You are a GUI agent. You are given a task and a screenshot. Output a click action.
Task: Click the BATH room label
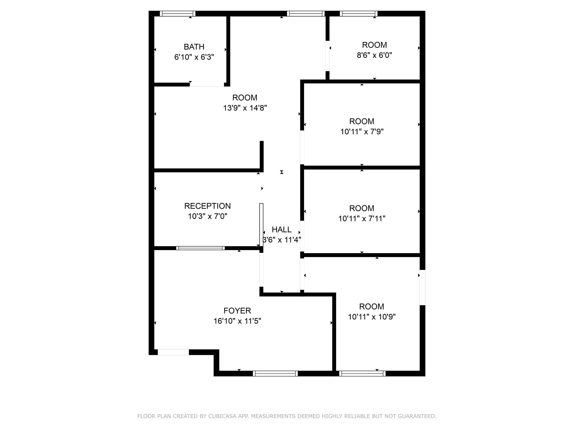click(194, 47)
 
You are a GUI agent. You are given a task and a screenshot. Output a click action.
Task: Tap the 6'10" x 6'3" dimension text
click(194, 57)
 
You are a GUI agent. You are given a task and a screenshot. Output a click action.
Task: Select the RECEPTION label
click(207, 206)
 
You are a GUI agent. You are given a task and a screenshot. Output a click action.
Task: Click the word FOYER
click(237, 311)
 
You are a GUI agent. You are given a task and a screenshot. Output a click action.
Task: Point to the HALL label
click(282, 230)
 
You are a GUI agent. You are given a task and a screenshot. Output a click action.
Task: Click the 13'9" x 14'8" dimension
click(245, 108)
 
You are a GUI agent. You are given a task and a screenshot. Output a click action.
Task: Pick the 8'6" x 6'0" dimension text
click(374, 55)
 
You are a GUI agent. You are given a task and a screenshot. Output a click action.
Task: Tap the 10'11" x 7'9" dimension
click(362, 132)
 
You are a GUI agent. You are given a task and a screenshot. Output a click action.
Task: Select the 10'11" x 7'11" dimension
click(362, 219)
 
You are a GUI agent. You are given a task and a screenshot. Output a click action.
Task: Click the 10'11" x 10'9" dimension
click(372, 317)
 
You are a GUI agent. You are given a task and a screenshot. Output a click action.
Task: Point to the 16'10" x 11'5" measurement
click(237, 321)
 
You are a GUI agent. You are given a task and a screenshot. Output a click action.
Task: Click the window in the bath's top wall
click(177, 13)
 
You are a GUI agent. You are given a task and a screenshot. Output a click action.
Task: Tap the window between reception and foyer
click(200, 248)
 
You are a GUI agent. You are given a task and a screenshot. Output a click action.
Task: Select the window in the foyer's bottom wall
click(275, 373)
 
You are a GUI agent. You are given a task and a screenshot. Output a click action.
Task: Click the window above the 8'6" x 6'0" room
click(359, 13)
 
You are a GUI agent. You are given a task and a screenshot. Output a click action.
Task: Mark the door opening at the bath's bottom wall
click(207, 84)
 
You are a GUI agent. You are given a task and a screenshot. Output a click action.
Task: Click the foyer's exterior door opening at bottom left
click(173, 352)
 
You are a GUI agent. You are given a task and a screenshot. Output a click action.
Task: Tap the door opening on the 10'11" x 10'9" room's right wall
click(422, 288)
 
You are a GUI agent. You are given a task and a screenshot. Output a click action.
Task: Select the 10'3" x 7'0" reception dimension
click(207, 216)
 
